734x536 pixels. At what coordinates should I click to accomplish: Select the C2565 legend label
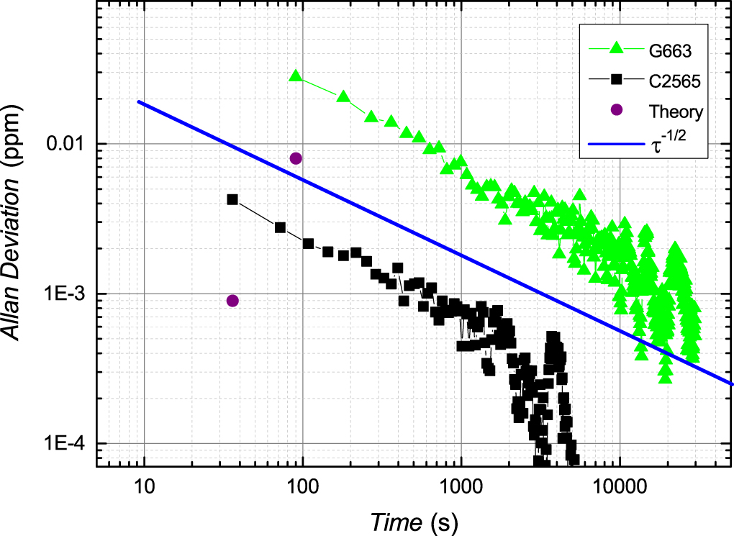point(676,81)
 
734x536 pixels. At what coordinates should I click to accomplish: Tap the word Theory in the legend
point(676,112)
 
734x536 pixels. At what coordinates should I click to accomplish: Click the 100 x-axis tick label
point(302,484)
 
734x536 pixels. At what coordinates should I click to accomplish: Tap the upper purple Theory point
point(295,158)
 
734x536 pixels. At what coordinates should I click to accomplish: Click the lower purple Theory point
point(232,301)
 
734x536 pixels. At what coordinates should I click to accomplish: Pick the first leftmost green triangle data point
point(295,76)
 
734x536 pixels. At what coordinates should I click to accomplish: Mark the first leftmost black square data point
point(232,199)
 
